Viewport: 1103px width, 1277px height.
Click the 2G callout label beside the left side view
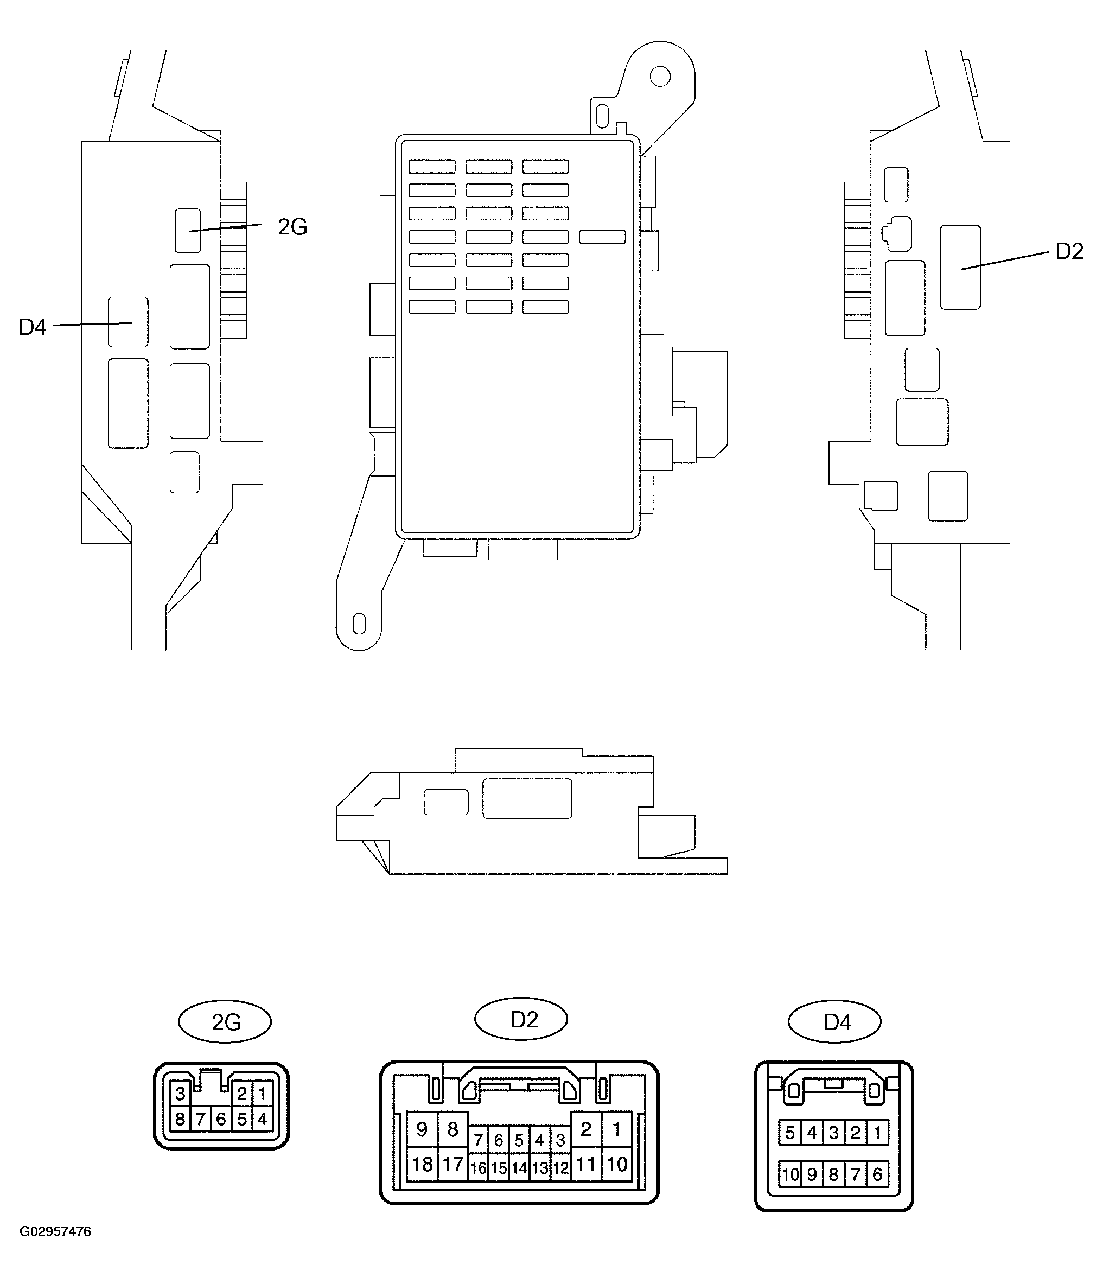292,227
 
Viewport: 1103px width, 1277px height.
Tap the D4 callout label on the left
33,327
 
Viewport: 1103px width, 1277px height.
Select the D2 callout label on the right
1069,251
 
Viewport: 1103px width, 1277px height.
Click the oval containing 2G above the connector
225,1022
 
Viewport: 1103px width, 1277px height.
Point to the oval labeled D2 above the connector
521,1019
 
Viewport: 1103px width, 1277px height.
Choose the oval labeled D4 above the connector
834,1022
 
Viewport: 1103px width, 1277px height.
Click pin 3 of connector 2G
180,1094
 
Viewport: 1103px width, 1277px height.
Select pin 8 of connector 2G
180,1119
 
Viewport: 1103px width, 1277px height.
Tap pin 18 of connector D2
422,1164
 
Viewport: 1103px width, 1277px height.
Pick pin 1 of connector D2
617,1129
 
